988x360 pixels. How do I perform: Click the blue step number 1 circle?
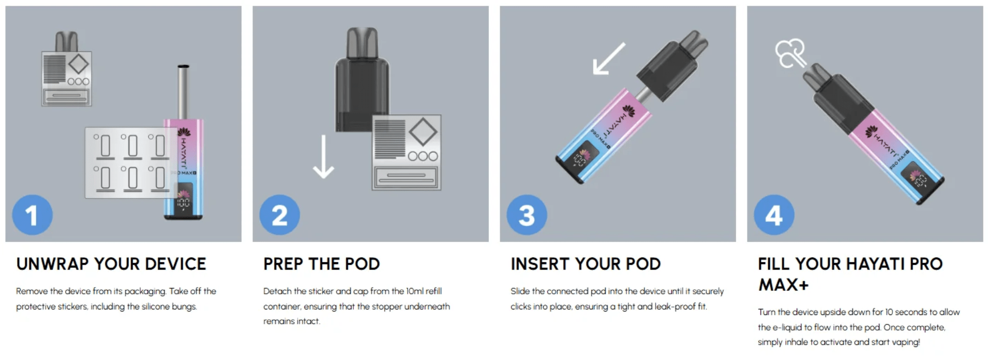(x=32, y=215)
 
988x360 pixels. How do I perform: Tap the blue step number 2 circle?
(x=279, y=215)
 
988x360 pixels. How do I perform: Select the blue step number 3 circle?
(x=527, y=215)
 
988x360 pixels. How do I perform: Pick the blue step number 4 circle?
(x=774, y=215)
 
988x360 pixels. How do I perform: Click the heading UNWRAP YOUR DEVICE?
(x=111, y=264)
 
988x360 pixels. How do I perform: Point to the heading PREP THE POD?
(x=322, y=264)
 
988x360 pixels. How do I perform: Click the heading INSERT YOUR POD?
(x=586, y=264)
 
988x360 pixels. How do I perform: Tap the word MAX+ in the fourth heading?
(x=783, y=285)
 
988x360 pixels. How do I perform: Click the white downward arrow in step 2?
(x=323, y=157)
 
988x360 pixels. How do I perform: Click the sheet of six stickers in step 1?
(x=127, y=162)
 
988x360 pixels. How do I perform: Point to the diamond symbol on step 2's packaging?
(x=423, y=132)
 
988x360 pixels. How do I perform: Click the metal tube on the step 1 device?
(x=183, y=92)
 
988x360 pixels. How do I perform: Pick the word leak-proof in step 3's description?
(x=676, y=306)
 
